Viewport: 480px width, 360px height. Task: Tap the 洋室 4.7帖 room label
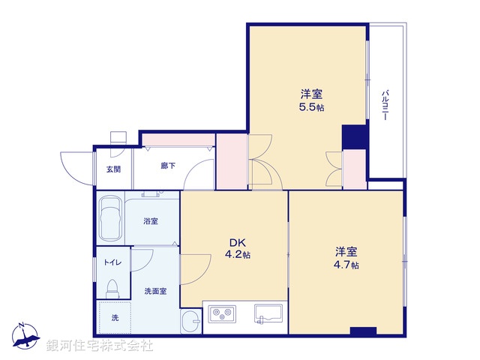pos(346,258)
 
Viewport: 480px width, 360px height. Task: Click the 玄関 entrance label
pos(113,169)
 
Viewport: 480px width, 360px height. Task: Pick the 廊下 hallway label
pos(168,166)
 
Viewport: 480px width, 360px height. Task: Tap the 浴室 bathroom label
pos(151,221)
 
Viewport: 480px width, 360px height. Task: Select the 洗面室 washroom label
pos(154,290)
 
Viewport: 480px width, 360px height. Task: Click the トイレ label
pos(113,262)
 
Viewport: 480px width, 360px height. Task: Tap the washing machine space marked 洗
pos(115,318)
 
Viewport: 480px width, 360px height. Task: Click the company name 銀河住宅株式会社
pos(100,346)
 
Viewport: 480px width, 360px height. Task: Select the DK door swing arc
pos(193,267)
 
